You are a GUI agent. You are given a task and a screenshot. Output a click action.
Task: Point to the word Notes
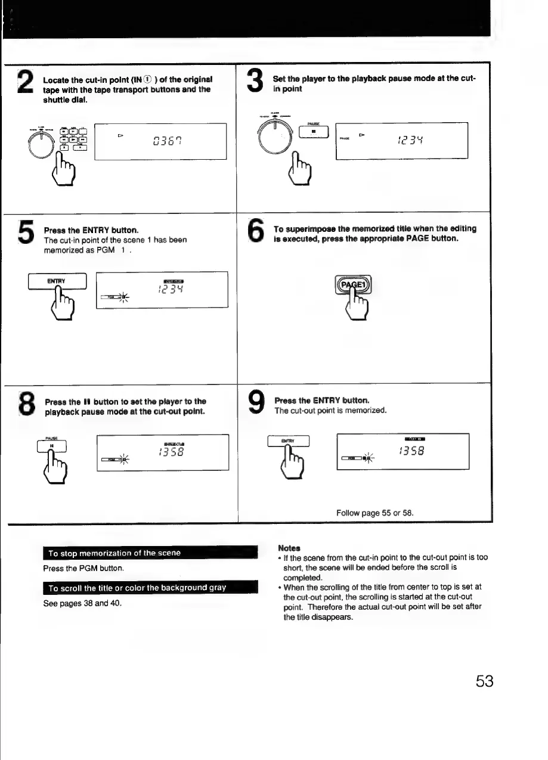[289, 547]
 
